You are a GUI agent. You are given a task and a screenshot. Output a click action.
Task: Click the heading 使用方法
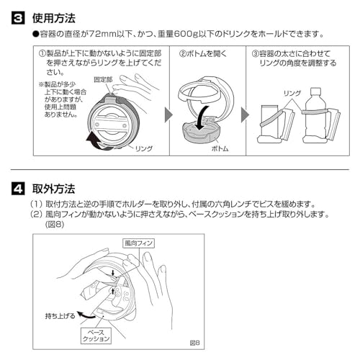click(x=54, y=15)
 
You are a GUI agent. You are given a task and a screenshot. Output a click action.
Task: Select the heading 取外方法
click(x=54, y=189)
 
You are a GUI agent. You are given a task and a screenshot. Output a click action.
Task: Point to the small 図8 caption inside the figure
click(x=193, y=343)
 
